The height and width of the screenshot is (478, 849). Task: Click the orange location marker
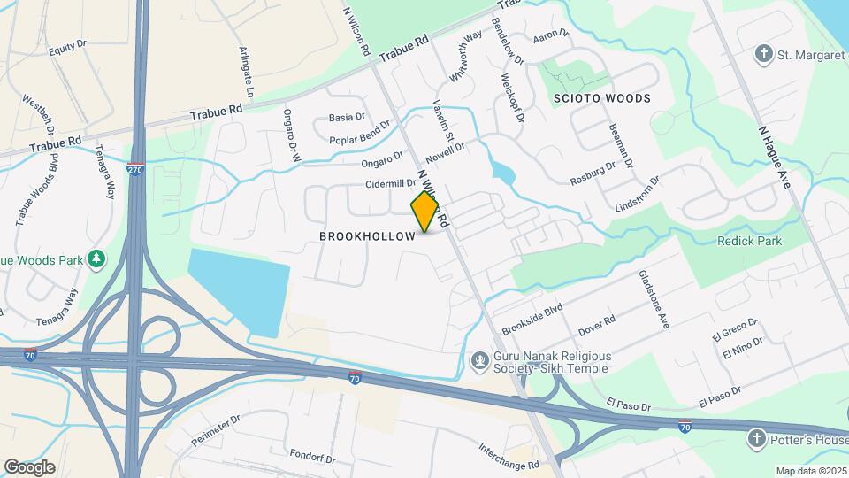click(x=424, y=212)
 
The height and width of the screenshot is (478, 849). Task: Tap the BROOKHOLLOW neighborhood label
click(x=367, y=236)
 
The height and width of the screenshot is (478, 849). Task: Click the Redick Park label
click(x=750, y=241)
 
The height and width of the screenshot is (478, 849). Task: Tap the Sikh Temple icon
click(x=479, y=360)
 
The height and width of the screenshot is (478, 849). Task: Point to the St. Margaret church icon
click(x=764, y=55)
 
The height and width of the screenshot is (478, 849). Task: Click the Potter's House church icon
click(x=756, y=438)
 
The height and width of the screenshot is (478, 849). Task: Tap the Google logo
click(x=29, y=467)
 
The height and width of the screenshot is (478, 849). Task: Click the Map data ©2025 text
click(x=810, y=471)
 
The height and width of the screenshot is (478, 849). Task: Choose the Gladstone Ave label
click(x=654, y=300)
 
